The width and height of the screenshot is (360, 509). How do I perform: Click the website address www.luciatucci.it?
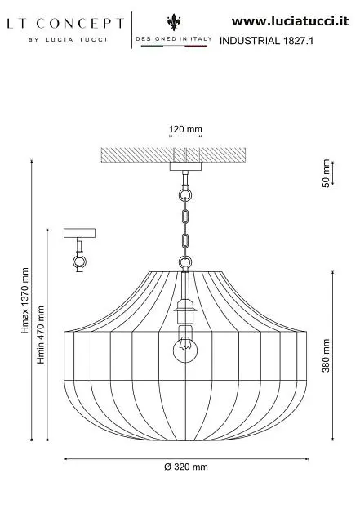pos(291,21)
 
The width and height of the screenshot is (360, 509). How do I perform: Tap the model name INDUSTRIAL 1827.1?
pos(266,41)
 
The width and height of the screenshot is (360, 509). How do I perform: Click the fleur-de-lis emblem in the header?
pos(174,22)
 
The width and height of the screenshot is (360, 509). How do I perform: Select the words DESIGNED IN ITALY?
pos(174,38)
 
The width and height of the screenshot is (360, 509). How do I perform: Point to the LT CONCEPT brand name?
pos(65,24)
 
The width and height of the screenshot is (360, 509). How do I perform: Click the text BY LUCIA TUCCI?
pos(68,40)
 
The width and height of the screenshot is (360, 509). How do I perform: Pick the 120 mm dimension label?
pos(185,129)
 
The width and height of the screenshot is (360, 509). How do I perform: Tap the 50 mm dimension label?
pos(326,173)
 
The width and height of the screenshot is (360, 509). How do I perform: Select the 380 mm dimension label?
pos(326,355)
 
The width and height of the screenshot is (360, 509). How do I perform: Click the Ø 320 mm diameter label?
pos(186,467)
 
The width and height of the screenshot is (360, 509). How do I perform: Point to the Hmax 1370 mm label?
pos(25,301)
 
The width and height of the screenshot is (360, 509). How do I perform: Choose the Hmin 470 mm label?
pos(41,335)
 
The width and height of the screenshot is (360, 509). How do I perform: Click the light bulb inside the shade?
pos(185,348)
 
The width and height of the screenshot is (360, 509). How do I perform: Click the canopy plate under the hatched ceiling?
pos(185,167)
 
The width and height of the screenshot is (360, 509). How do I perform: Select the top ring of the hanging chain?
pos(185,195)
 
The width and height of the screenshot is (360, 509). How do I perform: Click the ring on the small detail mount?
pos(79,261)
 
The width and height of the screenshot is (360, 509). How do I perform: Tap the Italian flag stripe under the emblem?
pos(174,46)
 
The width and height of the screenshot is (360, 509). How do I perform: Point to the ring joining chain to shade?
pos(185,262)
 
